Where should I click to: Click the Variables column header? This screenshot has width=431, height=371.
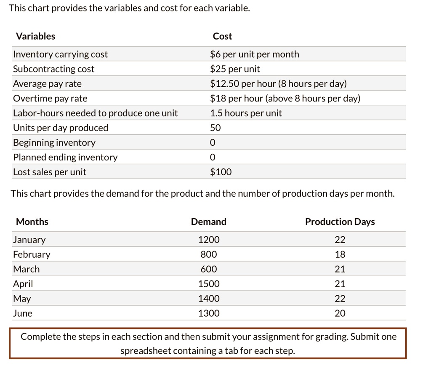tap(35, 36)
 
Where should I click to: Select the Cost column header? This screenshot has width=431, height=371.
tap(222, 36)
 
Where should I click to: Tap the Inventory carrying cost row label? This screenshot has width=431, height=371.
tap(60, 54)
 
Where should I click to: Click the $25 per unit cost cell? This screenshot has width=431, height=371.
tap(235, 69)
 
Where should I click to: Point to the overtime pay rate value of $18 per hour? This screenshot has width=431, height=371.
tap(285, 99)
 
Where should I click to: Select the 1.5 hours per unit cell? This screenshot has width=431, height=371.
tap(246, 113)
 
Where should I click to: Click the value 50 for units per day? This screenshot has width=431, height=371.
tap(215, 128)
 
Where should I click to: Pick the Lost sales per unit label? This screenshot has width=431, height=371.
tap(50, 172)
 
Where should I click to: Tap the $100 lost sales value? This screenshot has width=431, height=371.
tap(221, 172)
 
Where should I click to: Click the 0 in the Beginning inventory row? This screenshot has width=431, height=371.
tap(213, 143)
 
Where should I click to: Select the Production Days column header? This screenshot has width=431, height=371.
tap(340, 222)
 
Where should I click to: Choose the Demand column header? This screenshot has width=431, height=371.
tap(208, 222)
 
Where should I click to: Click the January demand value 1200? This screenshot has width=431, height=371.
tap(209, 240)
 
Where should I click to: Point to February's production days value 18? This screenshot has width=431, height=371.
tap(340, 255)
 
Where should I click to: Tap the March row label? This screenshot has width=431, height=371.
tap(26, 269)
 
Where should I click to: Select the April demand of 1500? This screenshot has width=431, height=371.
tap(209, 284)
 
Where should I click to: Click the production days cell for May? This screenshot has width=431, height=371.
tap(340, 299)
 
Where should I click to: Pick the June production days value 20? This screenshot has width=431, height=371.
tap(340, 313)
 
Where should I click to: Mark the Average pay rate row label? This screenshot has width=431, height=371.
tap(47, 84)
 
